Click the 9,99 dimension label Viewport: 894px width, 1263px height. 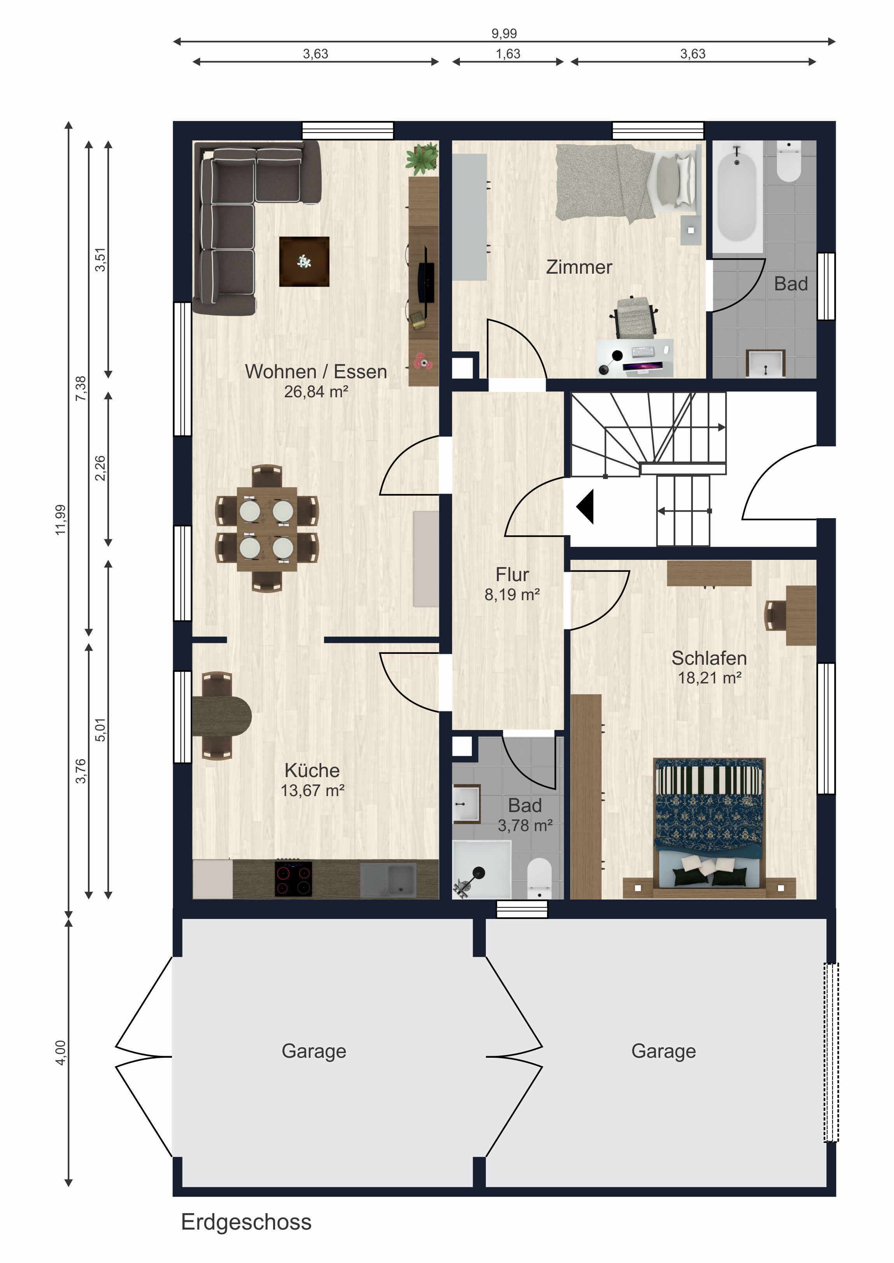tap(504, 33)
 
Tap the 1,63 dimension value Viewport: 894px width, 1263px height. tap(508, 54)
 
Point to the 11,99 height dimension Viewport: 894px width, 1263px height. tap(61, 519)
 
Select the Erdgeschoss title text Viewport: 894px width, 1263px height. tap(246, 1222)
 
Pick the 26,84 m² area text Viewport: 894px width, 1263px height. tap(316, 392)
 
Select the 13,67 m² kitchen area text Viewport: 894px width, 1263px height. tap(313, 790)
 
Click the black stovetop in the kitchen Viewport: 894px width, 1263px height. tap(293, 879)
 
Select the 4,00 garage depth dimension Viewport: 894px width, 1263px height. tap(61, 1052)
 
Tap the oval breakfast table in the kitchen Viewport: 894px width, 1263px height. tap(222, 716)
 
